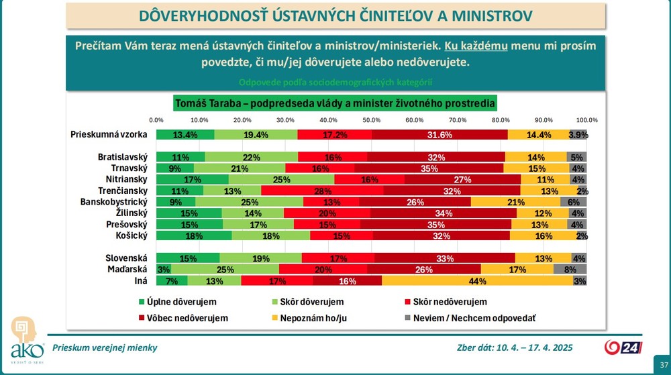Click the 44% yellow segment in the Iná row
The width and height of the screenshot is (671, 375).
pyautogui.click(x=476, y=281)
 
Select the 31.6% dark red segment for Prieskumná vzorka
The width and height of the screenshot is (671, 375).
pyautogui.click(x=440, y=135)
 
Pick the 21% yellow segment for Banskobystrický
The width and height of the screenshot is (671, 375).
pyautogui.click(x=515, y=202)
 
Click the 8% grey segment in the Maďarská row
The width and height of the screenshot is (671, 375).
pyautogui.click(x=570, y=270)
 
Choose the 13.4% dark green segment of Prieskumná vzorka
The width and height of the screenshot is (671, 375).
pyautogui.click(x=185, y=135)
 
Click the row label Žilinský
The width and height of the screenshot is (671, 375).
pyautogui.click(x=126, y=213)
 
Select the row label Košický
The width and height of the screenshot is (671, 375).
pyautogui.click(x=127, y=235)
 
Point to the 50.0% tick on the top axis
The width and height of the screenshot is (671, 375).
pyautogui.click(x=372, y=119)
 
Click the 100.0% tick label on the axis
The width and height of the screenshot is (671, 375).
pyautogui.click(x=587, y=119)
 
